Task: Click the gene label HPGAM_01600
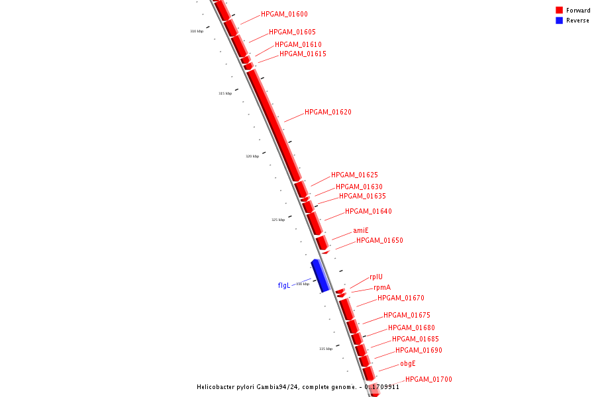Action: [x=284, y=14]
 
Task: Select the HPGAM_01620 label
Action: [x=328, y=112]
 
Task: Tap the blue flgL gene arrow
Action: [x=321, y=275]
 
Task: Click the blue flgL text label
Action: [x=284, y=286]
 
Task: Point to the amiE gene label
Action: [x=361, y=230]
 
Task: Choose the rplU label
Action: [x=376, y=277]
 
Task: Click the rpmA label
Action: [x=382, y=288]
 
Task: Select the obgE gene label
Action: [x=408, y=363]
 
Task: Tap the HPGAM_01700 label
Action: [x=428, y=379]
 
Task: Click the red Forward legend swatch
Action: [x=559, y=11]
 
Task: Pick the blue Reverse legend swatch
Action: [x=559, y=21]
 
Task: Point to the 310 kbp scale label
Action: [x=197, y=31]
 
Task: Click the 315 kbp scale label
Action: [x=225, y=93]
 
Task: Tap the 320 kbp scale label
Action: [x=252, y=156]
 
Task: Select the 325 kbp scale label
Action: [x=278, y=220]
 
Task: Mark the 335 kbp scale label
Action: [x=326, y=349]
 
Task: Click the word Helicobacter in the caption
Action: [x=218, y=387]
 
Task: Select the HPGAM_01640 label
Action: [x=368, y=212]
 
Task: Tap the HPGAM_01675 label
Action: [x=407, y=315]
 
